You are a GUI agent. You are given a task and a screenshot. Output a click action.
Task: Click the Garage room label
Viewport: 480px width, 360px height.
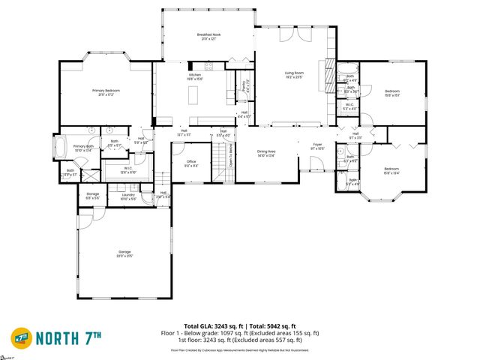point(124,252)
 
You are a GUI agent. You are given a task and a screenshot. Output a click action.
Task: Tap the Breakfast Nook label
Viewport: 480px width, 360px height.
point(208,34)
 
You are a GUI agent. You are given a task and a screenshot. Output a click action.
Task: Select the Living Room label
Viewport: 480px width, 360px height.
point(293,73)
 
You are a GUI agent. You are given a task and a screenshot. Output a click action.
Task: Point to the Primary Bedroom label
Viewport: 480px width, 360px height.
point(106,91)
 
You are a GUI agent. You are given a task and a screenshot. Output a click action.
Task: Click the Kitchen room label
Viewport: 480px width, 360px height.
point(195,76)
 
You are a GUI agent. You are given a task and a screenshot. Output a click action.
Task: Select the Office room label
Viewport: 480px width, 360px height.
point(191,163)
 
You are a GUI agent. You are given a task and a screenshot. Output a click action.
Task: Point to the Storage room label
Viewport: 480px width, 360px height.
point(92,194)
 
